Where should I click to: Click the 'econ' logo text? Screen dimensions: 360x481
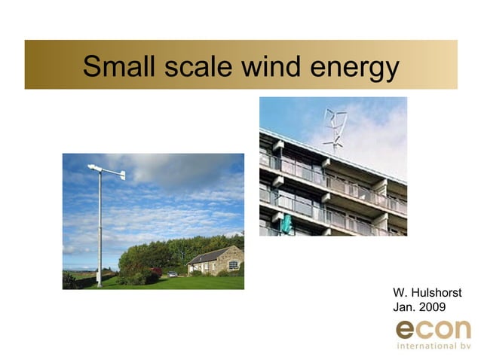pos(433,330)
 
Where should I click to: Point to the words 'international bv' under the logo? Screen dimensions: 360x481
pos(433,346)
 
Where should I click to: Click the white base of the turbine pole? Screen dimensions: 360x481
pos(98,282)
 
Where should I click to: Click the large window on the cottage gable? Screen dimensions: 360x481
pos(233,264)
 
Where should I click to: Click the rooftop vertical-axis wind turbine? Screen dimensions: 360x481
pos(333,128)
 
